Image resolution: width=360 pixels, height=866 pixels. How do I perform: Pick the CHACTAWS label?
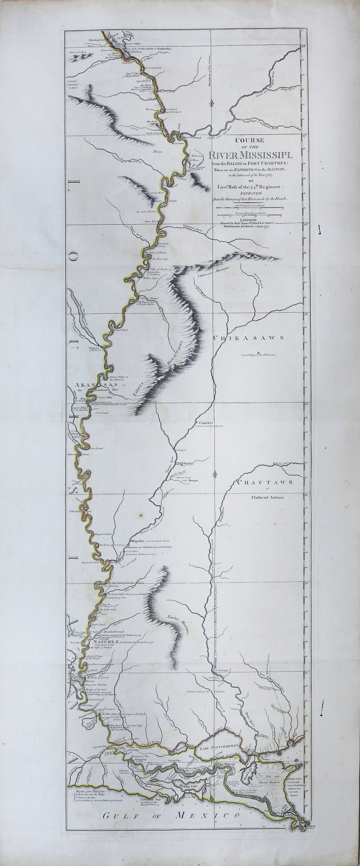tap(265, 482)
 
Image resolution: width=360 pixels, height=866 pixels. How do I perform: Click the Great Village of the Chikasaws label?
tap(258, 354)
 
